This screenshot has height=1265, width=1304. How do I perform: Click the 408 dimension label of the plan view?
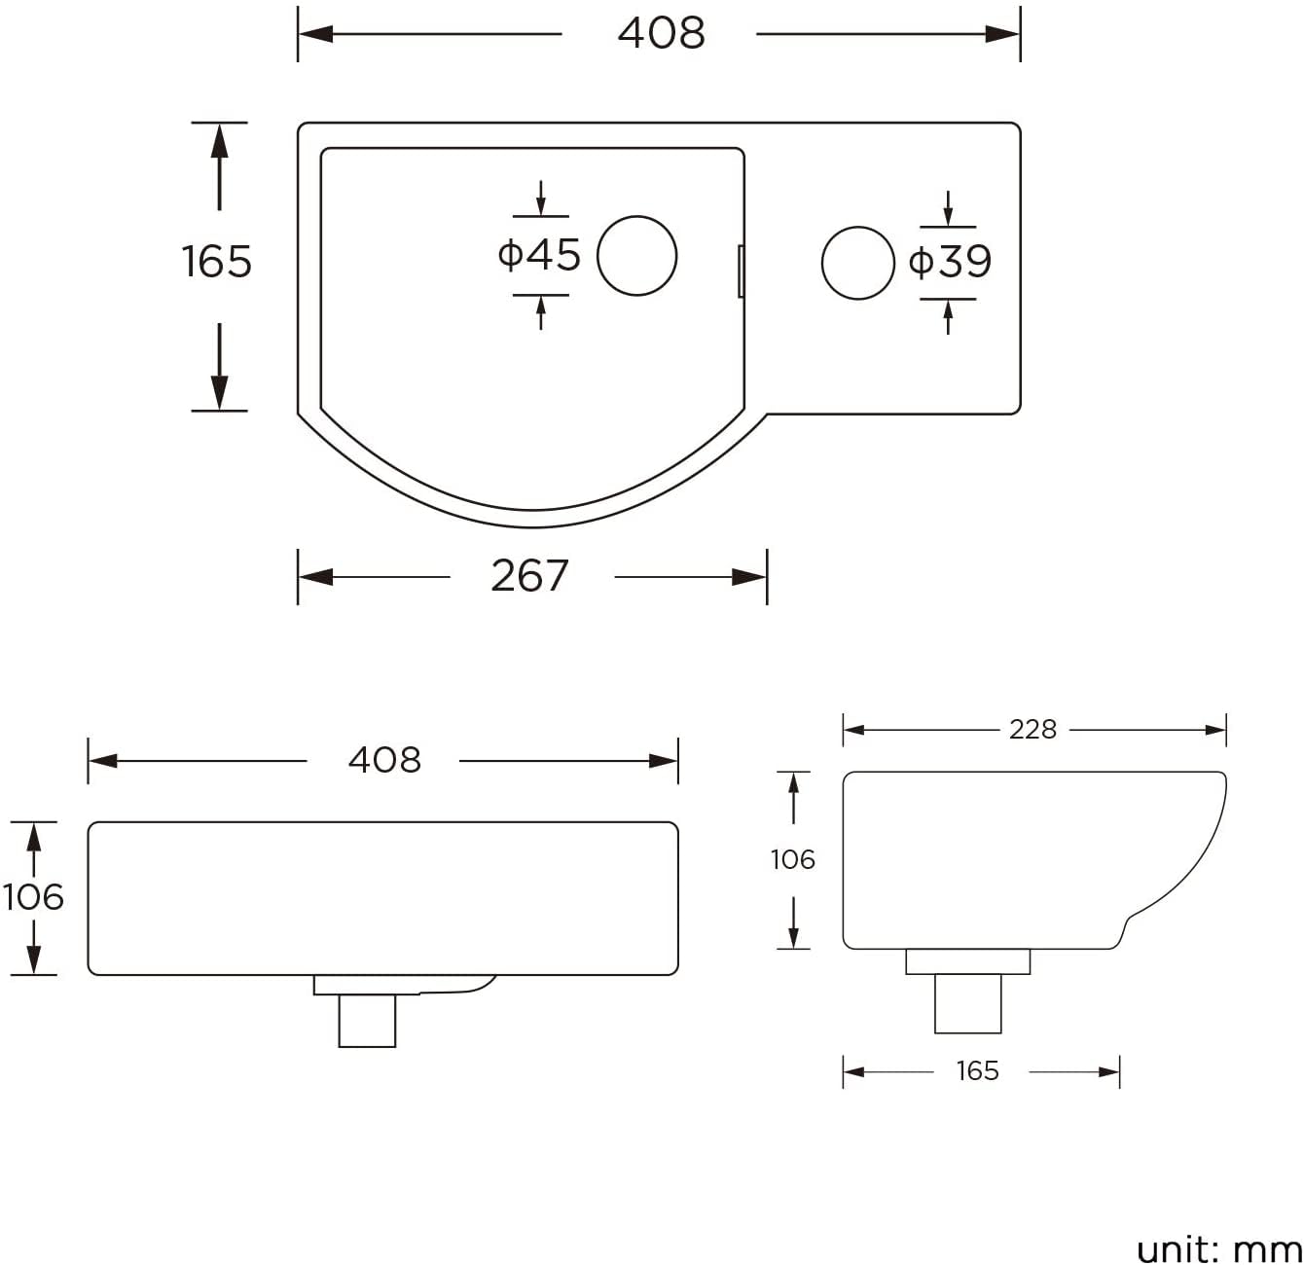pos(661,33)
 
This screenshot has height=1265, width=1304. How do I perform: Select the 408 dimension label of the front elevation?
pos(384,760)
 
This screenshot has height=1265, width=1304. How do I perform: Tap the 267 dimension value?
pos(529,576)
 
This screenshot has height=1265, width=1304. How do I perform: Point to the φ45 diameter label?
pos(539,255)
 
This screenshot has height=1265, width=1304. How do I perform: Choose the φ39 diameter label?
pos(950,262)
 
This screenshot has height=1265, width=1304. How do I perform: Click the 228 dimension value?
pos(1032,729)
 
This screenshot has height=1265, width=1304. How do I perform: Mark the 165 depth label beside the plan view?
pos(217,262)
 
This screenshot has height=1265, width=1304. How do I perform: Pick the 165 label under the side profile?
pos(977,1071)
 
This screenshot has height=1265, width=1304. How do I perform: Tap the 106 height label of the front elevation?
pos(33,897)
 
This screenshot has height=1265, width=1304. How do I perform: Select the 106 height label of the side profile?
pos(792,859)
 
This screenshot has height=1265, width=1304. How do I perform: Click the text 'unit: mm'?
pos(1218,1248)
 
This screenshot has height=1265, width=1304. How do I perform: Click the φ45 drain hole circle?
pos(636,256)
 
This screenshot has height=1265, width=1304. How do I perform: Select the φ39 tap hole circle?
pos(857,264)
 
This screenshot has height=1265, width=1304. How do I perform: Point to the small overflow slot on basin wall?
pos(742,271)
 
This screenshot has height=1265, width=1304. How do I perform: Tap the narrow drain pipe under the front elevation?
pos(367,1021)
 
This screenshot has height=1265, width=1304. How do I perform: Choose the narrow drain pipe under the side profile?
pos(967,1003)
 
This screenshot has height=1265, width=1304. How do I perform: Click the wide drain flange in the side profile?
pos(967,961)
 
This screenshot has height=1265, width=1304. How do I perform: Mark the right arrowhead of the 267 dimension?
pos(751,577)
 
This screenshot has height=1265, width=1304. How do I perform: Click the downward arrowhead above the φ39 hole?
pos(948,218)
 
